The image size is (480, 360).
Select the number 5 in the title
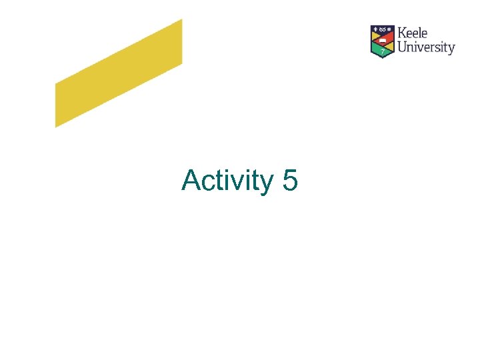290,180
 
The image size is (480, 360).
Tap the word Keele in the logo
413,33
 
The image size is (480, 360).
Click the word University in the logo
426,47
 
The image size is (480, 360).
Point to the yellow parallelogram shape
119,73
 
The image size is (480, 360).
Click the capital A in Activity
191,180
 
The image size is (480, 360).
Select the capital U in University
402,47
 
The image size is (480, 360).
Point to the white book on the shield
383,40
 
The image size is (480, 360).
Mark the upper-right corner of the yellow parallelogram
181,20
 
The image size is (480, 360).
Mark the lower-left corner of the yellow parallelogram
56,126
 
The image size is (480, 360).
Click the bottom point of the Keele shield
383,57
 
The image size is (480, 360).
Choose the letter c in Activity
209,182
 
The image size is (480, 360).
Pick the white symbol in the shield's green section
383,51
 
